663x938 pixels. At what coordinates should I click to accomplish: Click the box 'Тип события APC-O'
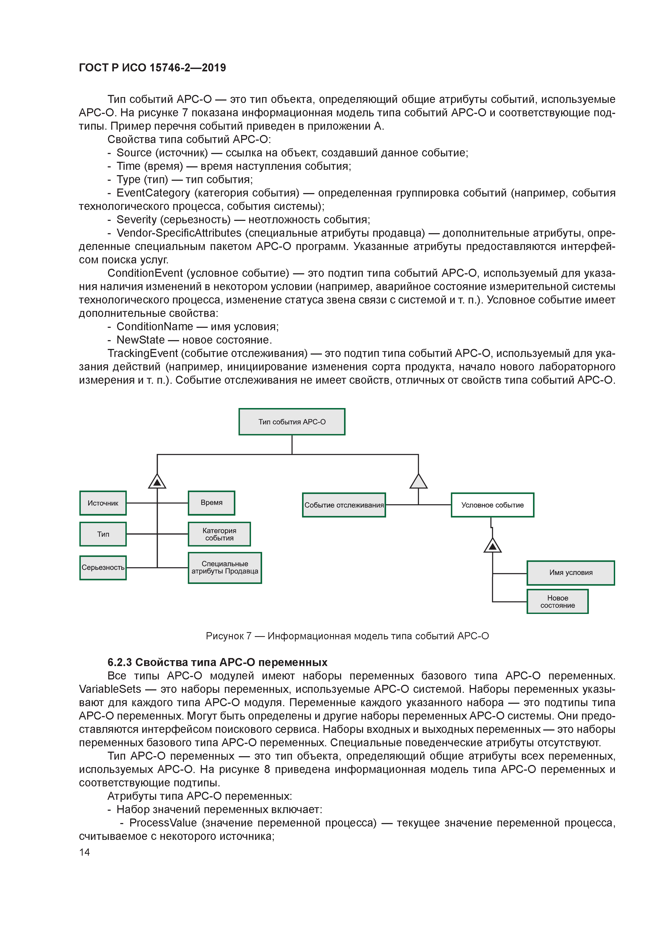[x=292, y=422]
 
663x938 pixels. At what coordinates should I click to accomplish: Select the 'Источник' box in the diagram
[x=103, y=503]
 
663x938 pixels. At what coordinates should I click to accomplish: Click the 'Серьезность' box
[x=103, y=567]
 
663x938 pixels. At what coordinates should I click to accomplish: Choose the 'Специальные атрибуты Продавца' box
[x=225, y=567]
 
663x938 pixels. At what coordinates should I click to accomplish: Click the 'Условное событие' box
[x=492, y=505]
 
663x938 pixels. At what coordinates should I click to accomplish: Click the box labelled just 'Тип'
[x=103, y=534]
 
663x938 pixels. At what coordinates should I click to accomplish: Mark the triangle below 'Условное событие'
[x=492, y=546]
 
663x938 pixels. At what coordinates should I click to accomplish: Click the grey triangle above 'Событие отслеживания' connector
[x=418, y=482]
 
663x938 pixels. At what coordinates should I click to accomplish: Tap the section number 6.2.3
[x=120, y=662]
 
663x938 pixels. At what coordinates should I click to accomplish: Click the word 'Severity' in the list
[x=136, y=220]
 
